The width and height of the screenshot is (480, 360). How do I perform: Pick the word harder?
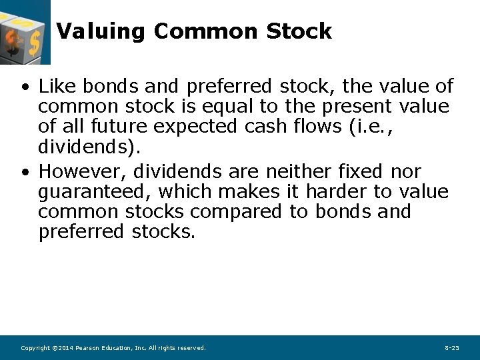tap(337, 192)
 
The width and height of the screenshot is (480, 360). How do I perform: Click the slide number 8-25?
tap(451, 348)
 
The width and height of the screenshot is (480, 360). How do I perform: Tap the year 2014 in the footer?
tap(64, 348)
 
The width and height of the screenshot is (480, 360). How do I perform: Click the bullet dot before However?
tap(25, 172)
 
